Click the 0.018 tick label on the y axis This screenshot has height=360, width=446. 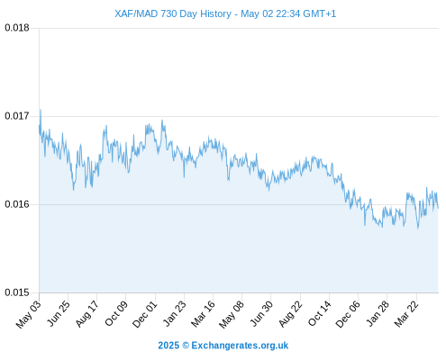(17, 28)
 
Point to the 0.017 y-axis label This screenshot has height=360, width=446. (17, 116)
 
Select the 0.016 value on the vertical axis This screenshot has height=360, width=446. (17, 204)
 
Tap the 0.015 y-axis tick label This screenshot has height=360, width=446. (17, 292)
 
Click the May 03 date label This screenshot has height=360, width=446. (29, 314)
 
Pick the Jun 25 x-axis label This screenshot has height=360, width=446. (59, 313)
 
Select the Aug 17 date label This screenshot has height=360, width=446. (86, 314)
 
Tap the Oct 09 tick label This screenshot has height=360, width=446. (116, 313)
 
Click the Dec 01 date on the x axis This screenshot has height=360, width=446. (144, 314)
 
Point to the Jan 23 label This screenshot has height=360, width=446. (174, 313)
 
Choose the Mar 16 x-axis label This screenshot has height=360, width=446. (203, 314)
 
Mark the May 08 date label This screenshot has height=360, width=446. (232, 314)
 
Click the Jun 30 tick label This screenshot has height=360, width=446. (261, 313)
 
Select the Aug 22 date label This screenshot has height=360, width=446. (290, 314)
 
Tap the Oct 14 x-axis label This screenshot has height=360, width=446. (319, 313)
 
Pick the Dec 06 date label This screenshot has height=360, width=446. (347, 314)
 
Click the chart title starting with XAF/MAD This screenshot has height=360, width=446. (225, 13)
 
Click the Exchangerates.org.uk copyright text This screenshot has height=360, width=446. (223, 346)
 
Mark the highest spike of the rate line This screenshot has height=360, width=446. (41, 110)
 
